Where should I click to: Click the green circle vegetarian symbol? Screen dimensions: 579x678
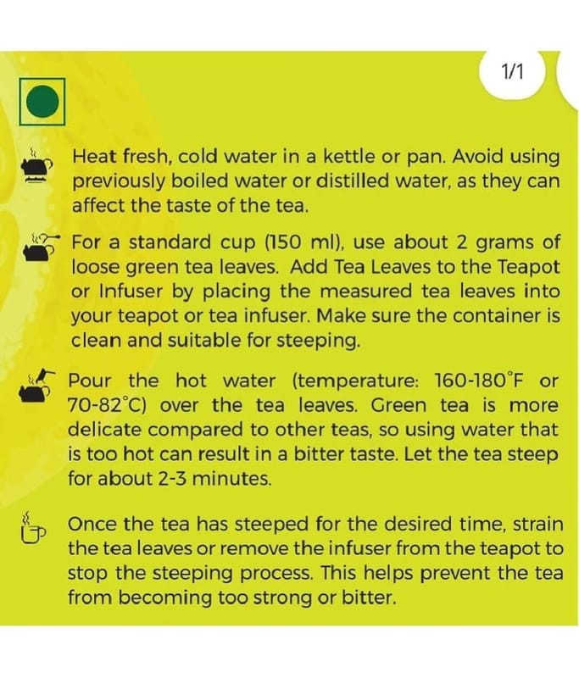click(42, 101)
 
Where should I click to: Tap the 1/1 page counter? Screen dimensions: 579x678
click(512, 71)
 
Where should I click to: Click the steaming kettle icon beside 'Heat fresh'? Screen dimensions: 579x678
click(37, 166)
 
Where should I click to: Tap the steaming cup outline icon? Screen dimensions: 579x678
click(32, 527)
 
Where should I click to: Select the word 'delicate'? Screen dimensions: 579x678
click(104, 430)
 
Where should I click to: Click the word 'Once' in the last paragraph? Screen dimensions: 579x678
click(92, 524)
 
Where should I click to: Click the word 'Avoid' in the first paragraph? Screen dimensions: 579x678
click(477, 156)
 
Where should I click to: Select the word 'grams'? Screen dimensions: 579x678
click(504, 243)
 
